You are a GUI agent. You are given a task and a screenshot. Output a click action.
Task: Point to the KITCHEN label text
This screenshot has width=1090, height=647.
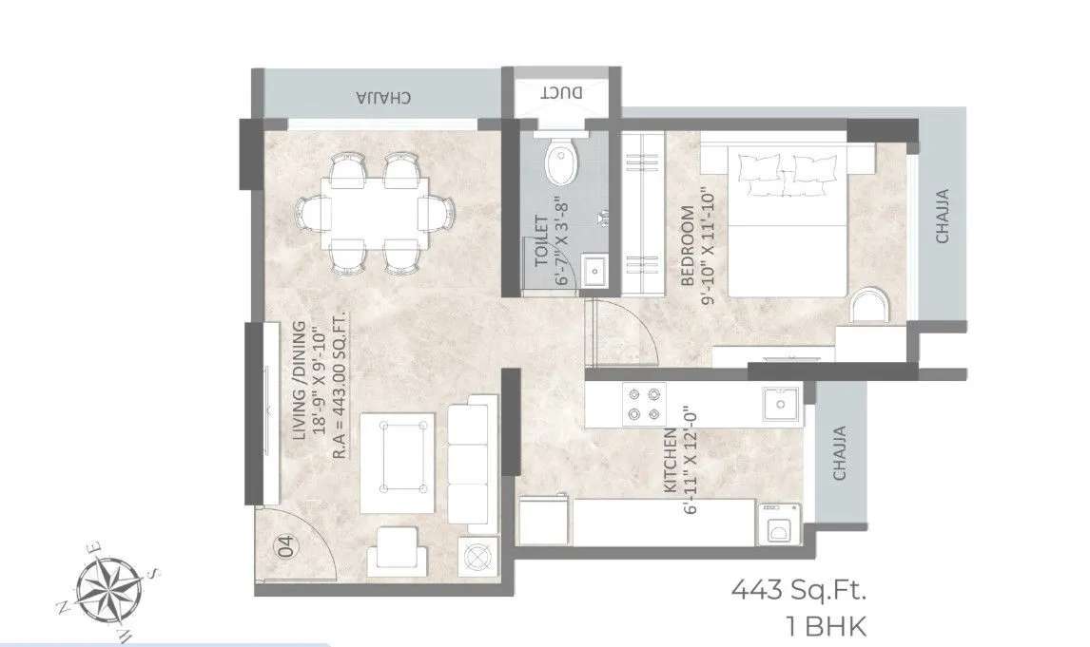click(670, 461)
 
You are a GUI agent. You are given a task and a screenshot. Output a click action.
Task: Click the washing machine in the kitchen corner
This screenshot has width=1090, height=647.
click(779, 524)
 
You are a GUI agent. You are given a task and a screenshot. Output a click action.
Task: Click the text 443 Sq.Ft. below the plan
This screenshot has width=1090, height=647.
click(799, 593)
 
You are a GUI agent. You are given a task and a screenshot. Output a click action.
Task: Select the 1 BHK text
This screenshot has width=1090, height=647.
click(823, 625)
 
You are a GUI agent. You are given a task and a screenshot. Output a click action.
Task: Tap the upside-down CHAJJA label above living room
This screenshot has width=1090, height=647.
click(383, 97)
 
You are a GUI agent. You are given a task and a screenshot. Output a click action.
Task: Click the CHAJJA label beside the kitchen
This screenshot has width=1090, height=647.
click(840, 452)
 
